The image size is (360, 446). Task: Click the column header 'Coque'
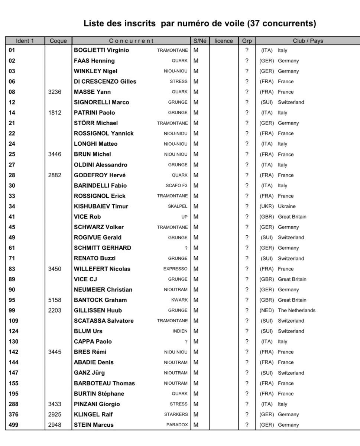(58, 41)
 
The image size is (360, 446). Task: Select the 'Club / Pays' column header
(308, 41)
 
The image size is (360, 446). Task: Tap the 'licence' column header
(224, 41)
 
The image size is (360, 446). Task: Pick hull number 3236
(55, 92)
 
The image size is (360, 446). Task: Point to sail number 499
(13, 425)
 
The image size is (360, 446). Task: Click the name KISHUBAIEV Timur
(101, 206)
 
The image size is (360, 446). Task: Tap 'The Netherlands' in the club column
(296, 310)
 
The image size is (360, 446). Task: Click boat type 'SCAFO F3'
(176, 185)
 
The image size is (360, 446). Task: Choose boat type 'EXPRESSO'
(175, 269)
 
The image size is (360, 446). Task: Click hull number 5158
(55, 300)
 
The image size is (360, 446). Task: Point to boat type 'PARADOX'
(177, 425)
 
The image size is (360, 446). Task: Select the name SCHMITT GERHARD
(103, 248)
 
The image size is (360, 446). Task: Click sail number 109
(13, 321)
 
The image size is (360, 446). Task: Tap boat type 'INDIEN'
(180, 331)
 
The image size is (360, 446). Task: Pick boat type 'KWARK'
(179, 300)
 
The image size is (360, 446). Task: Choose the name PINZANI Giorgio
(97, 404)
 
